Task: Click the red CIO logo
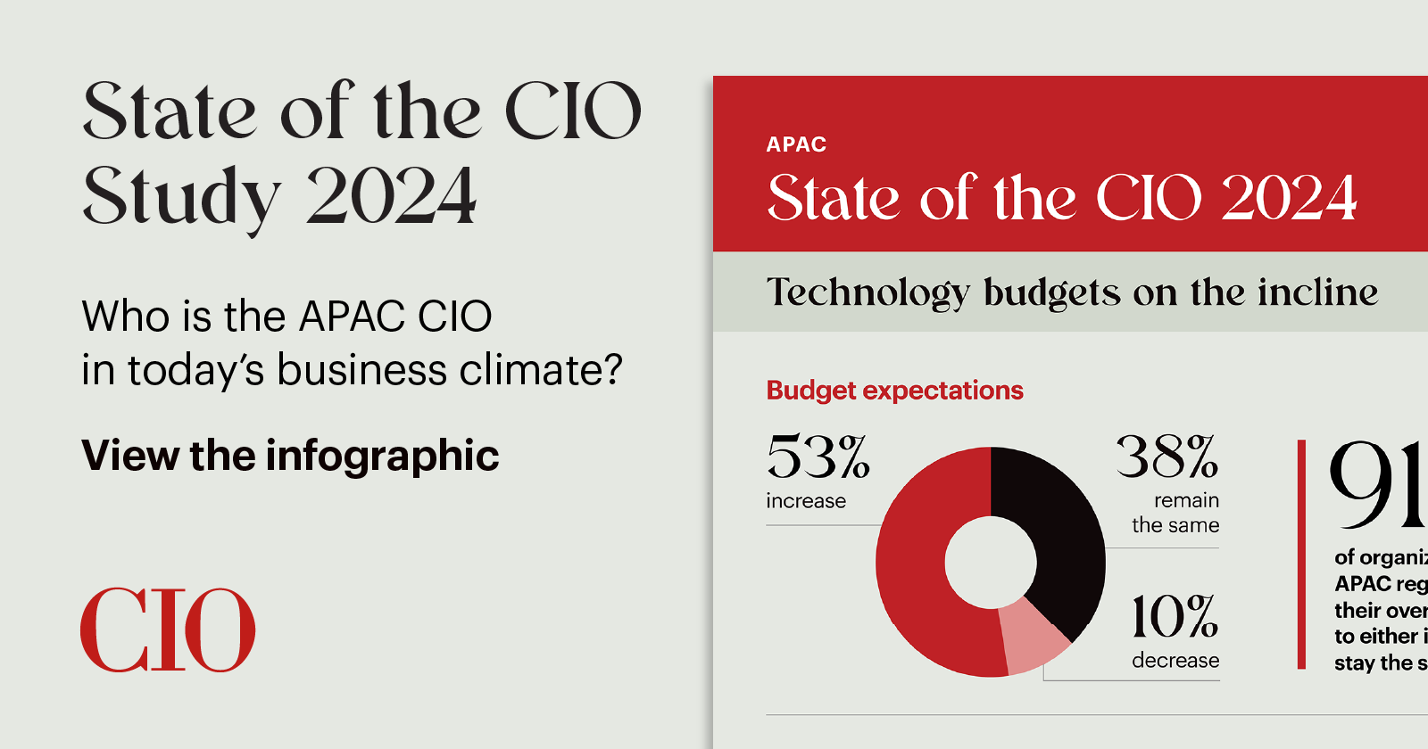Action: click(168, 630)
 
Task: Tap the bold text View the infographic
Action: click(290, 456)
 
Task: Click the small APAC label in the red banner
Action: click(796, 144)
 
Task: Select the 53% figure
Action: click(818, 457)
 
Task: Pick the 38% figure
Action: click(1166, 457)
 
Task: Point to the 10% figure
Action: click(1174, 617)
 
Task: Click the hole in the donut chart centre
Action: click(991, 563)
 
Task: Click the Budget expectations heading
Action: click(894, 391)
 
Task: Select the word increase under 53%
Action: click(805, 501)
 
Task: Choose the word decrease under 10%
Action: click(1175, 661)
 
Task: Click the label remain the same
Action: click(1176, 513)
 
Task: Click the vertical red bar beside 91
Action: click(1301, 553)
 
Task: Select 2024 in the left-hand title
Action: click(391, 196)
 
